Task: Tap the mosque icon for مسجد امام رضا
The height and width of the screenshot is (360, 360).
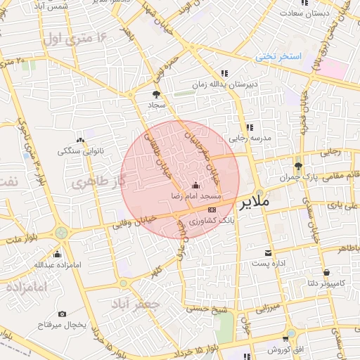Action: click(195, 186)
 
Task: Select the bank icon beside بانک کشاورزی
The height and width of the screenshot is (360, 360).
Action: click(212, 210)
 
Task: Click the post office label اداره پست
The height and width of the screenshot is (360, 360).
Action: click(267, 263)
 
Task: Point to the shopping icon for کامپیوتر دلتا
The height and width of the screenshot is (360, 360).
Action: click(326, 272)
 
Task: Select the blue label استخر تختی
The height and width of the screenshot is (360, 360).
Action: click(278, 56)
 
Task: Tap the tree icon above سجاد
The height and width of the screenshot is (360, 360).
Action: click(156, 94)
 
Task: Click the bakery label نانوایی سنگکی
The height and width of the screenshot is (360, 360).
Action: click(79, 150)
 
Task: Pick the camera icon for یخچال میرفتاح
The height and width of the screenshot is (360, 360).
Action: click(62, 314)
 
